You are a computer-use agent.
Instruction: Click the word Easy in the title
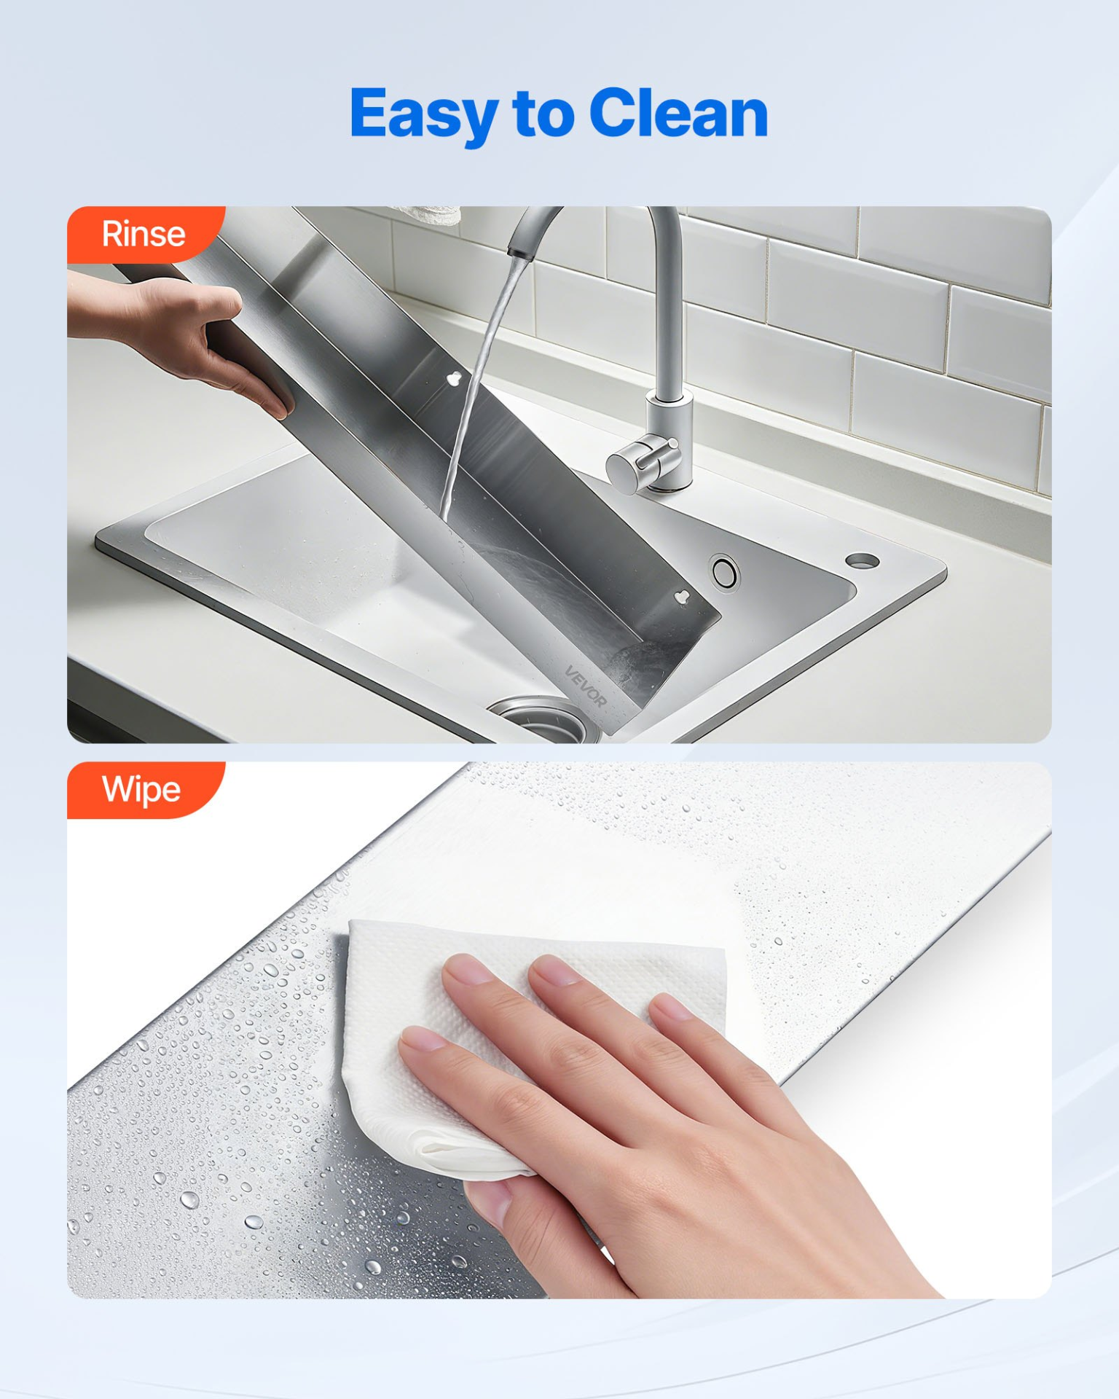coord(424,115)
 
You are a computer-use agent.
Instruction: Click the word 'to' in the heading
coord(543,114)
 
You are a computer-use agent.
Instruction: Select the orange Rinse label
coord(144,234)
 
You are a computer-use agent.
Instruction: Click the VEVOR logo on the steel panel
coord(586,686)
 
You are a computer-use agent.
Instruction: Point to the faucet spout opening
coord(519,253)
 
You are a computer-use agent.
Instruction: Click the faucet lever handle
coord(642,461)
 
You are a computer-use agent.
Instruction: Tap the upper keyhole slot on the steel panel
coord(454,377)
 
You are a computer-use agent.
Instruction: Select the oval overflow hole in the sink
coord(725,572)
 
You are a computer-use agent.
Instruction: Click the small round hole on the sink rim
coord(862,560)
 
